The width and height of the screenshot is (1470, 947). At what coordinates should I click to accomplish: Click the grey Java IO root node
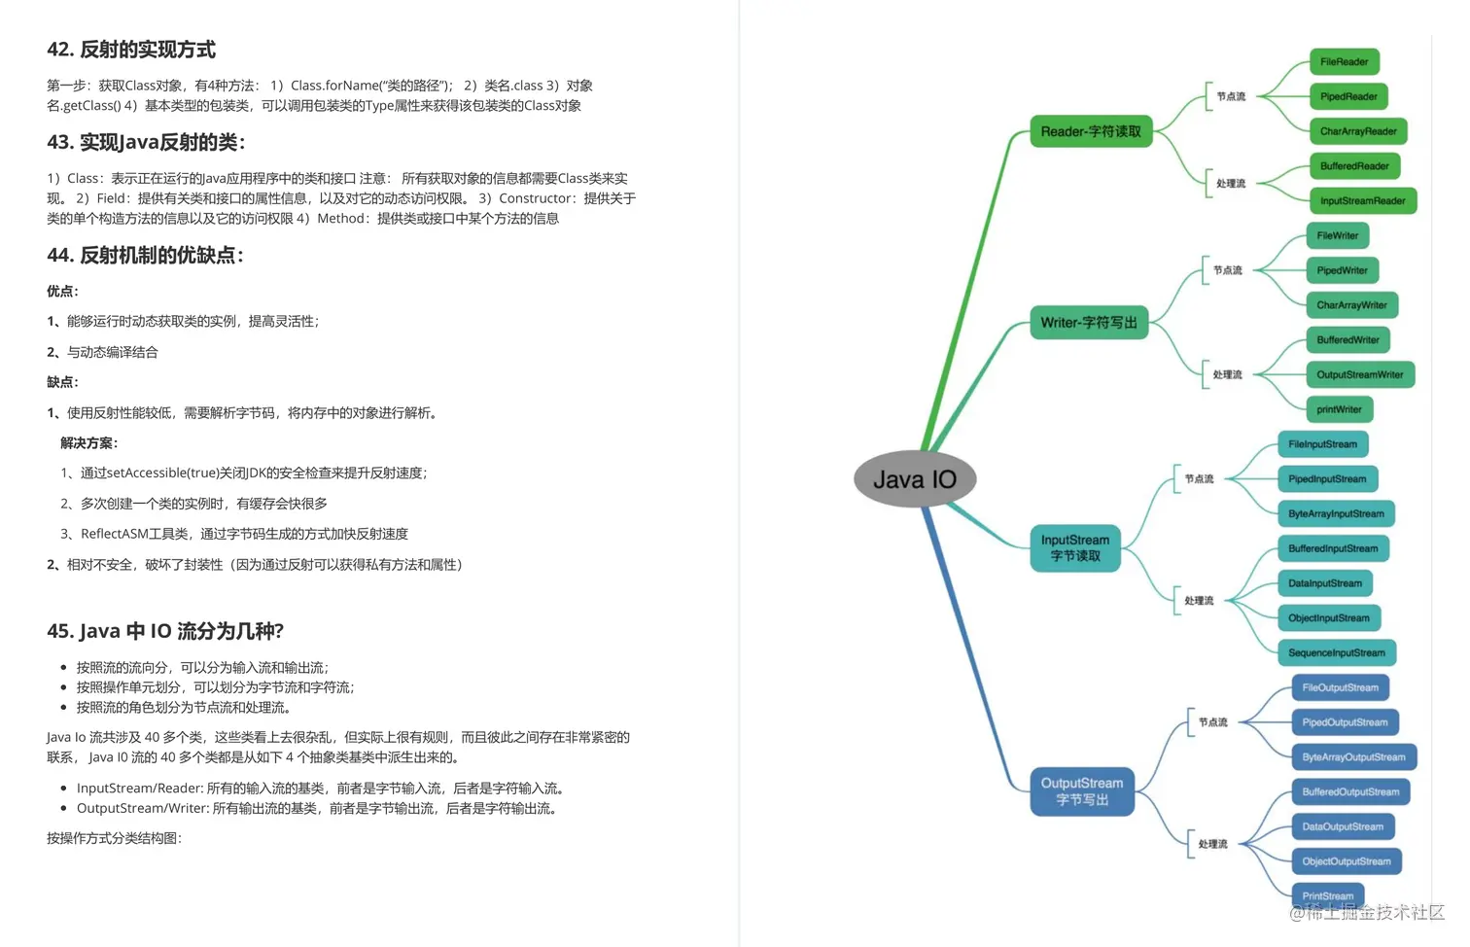pyautogui.click(x=914, y=478)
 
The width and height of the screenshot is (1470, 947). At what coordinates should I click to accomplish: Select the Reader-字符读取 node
pyautogui.click(x=1091, y=131)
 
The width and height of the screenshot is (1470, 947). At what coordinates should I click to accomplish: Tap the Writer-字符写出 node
pyautogui.click(x=1089, y=323)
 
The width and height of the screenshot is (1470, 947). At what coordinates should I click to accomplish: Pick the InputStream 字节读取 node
pyautogui.click(x=1075, y=547)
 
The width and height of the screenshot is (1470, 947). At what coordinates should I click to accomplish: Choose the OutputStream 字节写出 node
pyautogui.click(x=1082, y=791)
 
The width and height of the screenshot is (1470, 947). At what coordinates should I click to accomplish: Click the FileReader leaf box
pyautogui.click(x=1344, y=62)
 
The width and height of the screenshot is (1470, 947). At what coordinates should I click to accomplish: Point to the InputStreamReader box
pyautogui.click(x=1362, y=201)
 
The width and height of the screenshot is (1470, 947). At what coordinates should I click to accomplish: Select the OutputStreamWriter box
pyautogui.click(x=1359, y=375)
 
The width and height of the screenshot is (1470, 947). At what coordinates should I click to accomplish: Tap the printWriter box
pyautogui.click(x=1339, y=409)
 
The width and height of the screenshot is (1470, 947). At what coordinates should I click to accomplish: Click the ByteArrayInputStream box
pyautogui.click(x=1336, y=513)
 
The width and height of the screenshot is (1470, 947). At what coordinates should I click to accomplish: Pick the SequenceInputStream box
pyautogui.click(x=1336, y=653)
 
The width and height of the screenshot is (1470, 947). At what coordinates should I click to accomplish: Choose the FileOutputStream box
pyautogui.click(x=1340, y=687)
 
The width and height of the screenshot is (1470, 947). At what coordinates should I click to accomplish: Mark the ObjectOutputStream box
pyautogui.click(x=1346, y=861)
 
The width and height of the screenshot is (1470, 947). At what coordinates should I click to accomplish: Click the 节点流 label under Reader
pyautogui.click(x=1231, y=96)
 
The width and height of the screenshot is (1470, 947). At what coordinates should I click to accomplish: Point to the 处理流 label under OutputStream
pyautogui.click(x=1212, y=844)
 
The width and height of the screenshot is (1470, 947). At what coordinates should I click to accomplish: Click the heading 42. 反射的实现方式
pyautogui.click(x=131, y=50)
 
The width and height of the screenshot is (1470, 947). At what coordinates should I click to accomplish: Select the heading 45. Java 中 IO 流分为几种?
pyautogui.click(x=165, y=631)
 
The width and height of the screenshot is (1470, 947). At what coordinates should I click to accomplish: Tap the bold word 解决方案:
pyautogui.click(x=88, y=443)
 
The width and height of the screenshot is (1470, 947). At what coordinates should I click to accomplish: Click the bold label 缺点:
pyautogui.click(x=62, y=382)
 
